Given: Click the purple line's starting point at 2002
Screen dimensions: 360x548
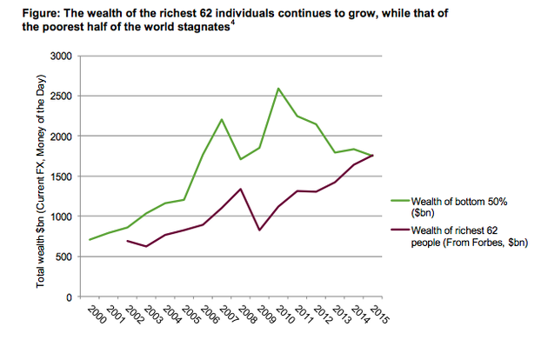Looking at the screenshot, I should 127,241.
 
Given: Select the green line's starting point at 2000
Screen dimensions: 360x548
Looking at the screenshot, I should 89,240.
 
